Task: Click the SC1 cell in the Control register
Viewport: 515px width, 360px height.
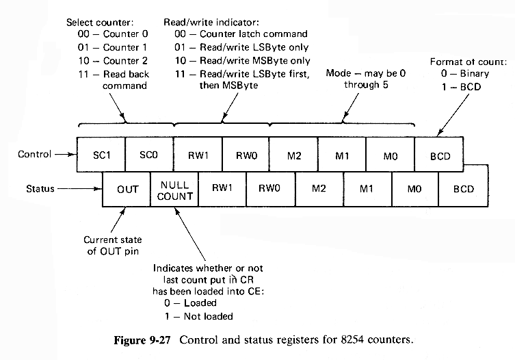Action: click(x=101, y=155)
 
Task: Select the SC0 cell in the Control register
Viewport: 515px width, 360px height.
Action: click(x=150, y=155)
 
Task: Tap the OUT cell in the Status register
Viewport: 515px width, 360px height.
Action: click(x=127, y=188)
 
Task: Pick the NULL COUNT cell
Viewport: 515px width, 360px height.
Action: click(x=176, y=190)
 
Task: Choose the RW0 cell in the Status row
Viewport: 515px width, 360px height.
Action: click(x=270, y=188)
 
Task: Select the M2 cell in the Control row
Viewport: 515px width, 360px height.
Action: click(x=293, y=155)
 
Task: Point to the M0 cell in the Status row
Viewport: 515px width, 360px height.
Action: click(x=414, y=188)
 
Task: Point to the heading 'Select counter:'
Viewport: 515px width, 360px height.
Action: click(x=99, y=23)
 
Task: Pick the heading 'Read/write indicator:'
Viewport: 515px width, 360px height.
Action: click(x=221, y=23)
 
